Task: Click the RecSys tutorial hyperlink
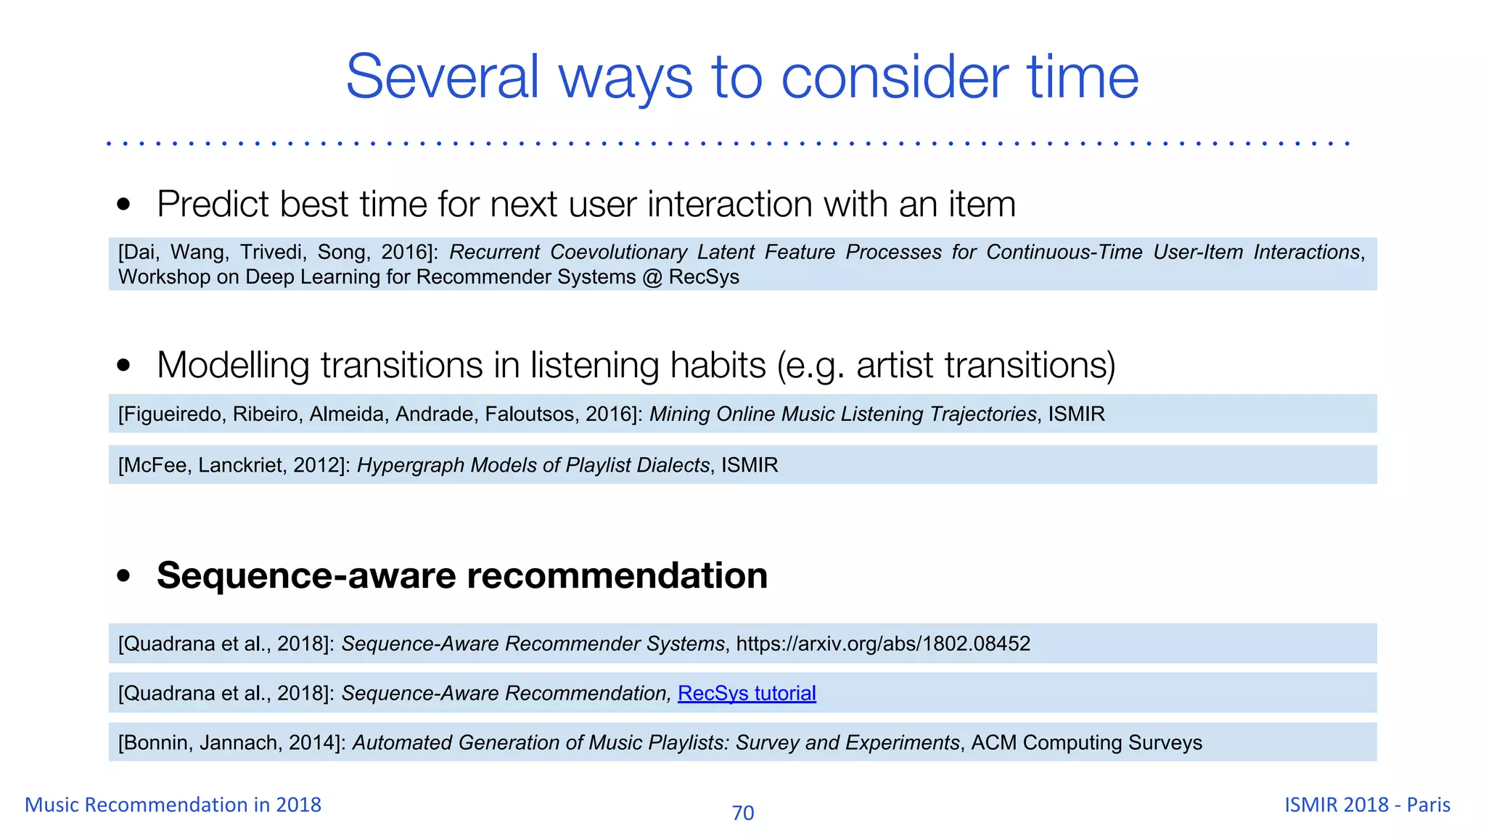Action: click(747, 693)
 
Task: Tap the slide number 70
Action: click(742, 813)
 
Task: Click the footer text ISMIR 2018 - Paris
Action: click(1367, 804)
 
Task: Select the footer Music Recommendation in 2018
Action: click(173, 804)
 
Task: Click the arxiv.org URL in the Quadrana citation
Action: click(883, 644)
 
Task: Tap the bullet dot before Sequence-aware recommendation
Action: click(124, 576)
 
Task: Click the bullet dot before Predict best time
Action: click(124, 205)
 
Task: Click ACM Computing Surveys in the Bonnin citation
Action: click(1086, 743)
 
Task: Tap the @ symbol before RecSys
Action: click(652, 277)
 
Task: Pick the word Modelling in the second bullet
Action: click(233, 365)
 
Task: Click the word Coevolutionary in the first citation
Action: click(618, 252)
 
